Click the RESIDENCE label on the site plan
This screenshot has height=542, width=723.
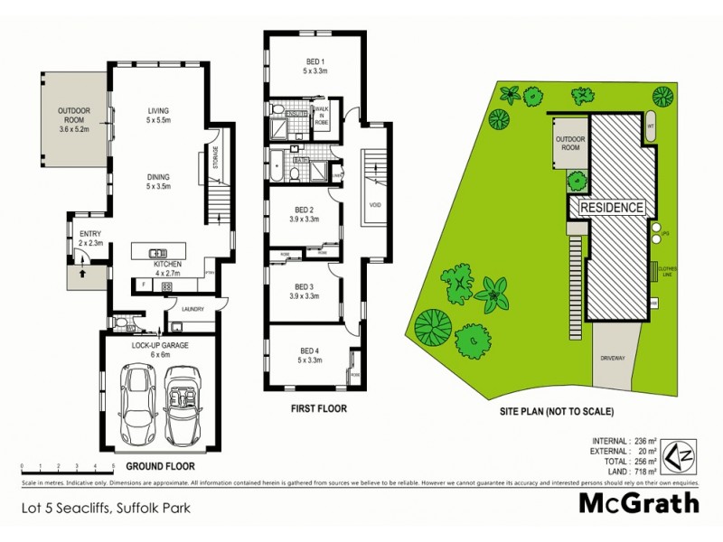(612, 208)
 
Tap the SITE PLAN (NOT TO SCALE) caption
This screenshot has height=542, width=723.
(557, 411)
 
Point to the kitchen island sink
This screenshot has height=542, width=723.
(159, 253)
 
